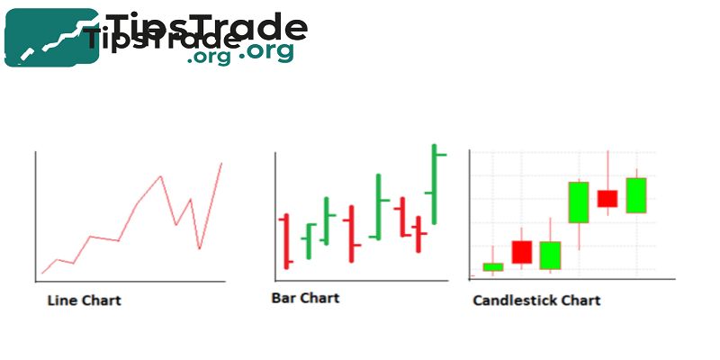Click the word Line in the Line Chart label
tap(59, 300)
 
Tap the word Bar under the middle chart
tap(283, 296)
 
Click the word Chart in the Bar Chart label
tap(319, 296)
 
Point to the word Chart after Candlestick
tap(581, 300)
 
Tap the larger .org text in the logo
tap(266, 51)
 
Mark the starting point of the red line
tap(42, 273)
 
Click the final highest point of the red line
tap(221, 163)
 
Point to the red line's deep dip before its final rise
tap(199, 248)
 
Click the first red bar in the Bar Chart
tap(286, 241)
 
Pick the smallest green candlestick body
tap(493, 266)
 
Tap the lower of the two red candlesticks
tap(522, 252)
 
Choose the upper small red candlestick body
tap(607, 199)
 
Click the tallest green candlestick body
tap(578, 202)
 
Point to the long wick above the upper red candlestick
tap(607, 169)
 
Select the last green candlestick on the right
tap(636, 195)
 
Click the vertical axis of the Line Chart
tap(35, 216)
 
